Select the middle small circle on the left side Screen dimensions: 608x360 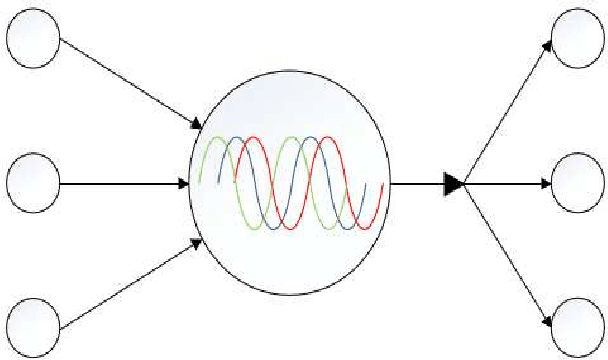pyautogui.click(x=33, y=184)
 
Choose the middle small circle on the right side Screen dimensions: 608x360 pyautogui.click(x=579, y=184)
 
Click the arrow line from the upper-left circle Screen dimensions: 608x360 pyautogui.click(x=125, y=82)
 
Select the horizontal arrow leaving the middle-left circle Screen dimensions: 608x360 pyautogui.click(x=120, y=184)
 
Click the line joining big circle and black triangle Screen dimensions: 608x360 pyautogui.click(x=415, y=184)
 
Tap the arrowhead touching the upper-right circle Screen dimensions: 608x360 pyautogui.click(x=548, y=44)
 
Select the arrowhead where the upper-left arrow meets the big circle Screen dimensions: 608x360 pyautogui.click(x=196, y=126)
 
